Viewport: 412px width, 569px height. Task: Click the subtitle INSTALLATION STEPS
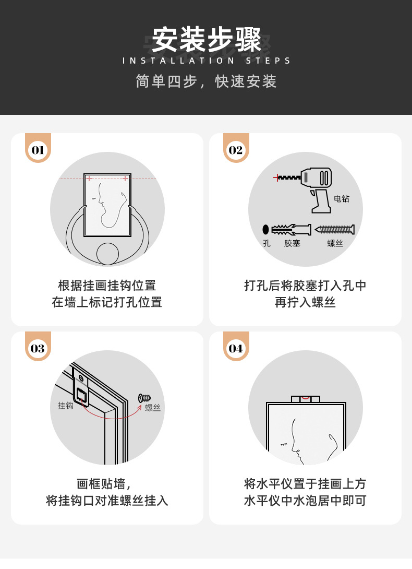(206, 61)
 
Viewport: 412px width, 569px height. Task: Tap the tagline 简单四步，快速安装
(206, 81)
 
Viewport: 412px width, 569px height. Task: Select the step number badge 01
(38, 150)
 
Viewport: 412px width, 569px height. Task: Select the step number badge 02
(236, 150)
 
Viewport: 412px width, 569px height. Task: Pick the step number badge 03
(38, 349)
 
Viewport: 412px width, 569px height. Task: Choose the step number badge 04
(236, 349)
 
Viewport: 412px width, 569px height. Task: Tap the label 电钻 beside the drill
(342, 199)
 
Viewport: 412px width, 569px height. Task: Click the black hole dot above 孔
(265, 229)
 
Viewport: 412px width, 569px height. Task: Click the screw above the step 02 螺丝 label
(335, 230)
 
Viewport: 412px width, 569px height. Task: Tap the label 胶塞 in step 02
(292, 243)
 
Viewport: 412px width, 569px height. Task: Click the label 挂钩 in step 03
(66, 406)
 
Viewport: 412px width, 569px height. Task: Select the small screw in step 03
(144, 398)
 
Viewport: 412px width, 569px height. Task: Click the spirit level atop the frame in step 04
(305, 399)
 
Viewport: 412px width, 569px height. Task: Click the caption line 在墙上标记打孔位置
(107, 302)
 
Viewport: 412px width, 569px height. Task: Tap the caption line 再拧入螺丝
(305, 302)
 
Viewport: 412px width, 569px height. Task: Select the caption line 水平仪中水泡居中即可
(305, 501)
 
